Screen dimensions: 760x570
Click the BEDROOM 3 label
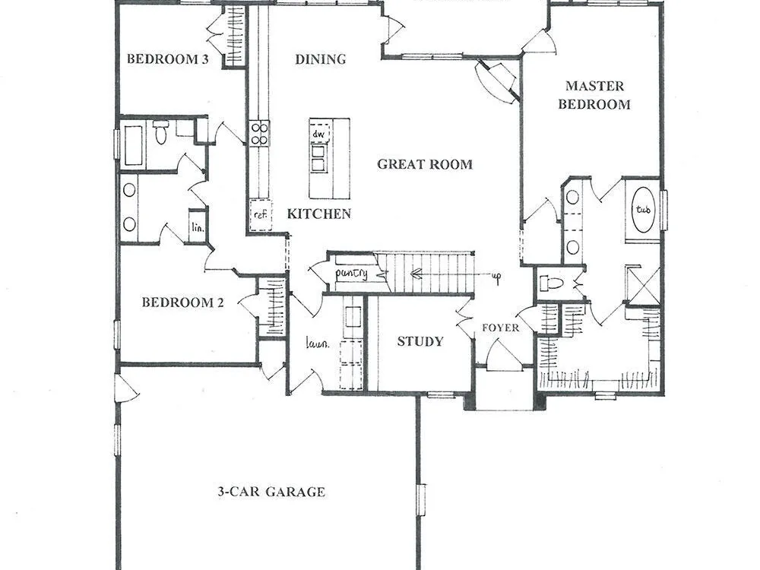point(168,59)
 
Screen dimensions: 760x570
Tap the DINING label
point(321,59)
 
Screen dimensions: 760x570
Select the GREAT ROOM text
point(425,164)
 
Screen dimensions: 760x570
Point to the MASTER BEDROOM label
point(594,95)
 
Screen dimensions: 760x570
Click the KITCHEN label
point(319,214)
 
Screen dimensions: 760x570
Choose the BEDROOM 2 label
point(182,302)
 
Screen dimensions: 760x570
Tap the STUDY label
point(420,341)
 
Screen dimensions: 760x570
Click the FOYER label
point(500,328)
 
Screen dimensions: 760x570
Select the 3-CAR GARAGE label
point(271,492)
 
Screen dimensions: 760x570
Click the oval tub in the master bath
point(643,210)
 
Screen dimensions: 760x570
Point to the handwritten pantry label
point(352,274)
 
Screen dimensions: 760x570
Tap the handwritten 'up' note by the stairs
point(496,277)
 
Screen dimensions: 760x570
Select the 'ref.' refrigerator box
point(261,215)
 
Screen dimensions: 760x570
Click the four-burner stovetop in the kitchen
point(260,133)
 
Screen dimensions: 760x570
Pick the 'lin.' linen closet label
point(198,226)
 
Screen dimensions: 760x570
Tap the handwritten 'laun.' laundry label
point(318,344)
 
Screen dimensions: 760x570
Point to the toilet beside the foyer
point(551,283)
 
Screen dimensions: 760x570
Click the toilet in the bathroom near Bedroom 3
point(160,132)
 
